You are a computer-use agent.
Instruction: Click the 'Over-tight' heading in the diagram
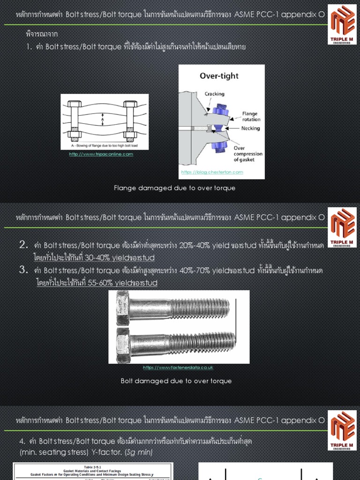[x=219, y=76]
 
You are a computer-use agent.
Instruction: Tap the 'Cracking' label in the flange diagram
[x=215, y=94]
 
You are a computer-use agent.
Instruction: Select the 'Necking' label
[x=251, y=128]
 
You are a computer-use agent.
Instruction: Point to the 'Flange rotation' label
[x=251, y=116]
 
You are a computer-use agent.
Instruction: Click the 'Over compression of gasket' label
[x=247, y=154]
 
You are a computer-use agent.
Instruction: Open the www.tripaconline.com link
[x=101, y=154]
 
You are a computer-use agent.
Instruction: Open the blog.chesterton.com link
[x=212, y=172]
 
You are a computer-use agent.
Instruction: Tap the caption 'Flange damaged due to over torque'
[x=174, y=188]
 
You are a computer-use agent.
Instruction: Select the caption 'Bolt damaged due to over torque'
[x=176, y=381]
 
